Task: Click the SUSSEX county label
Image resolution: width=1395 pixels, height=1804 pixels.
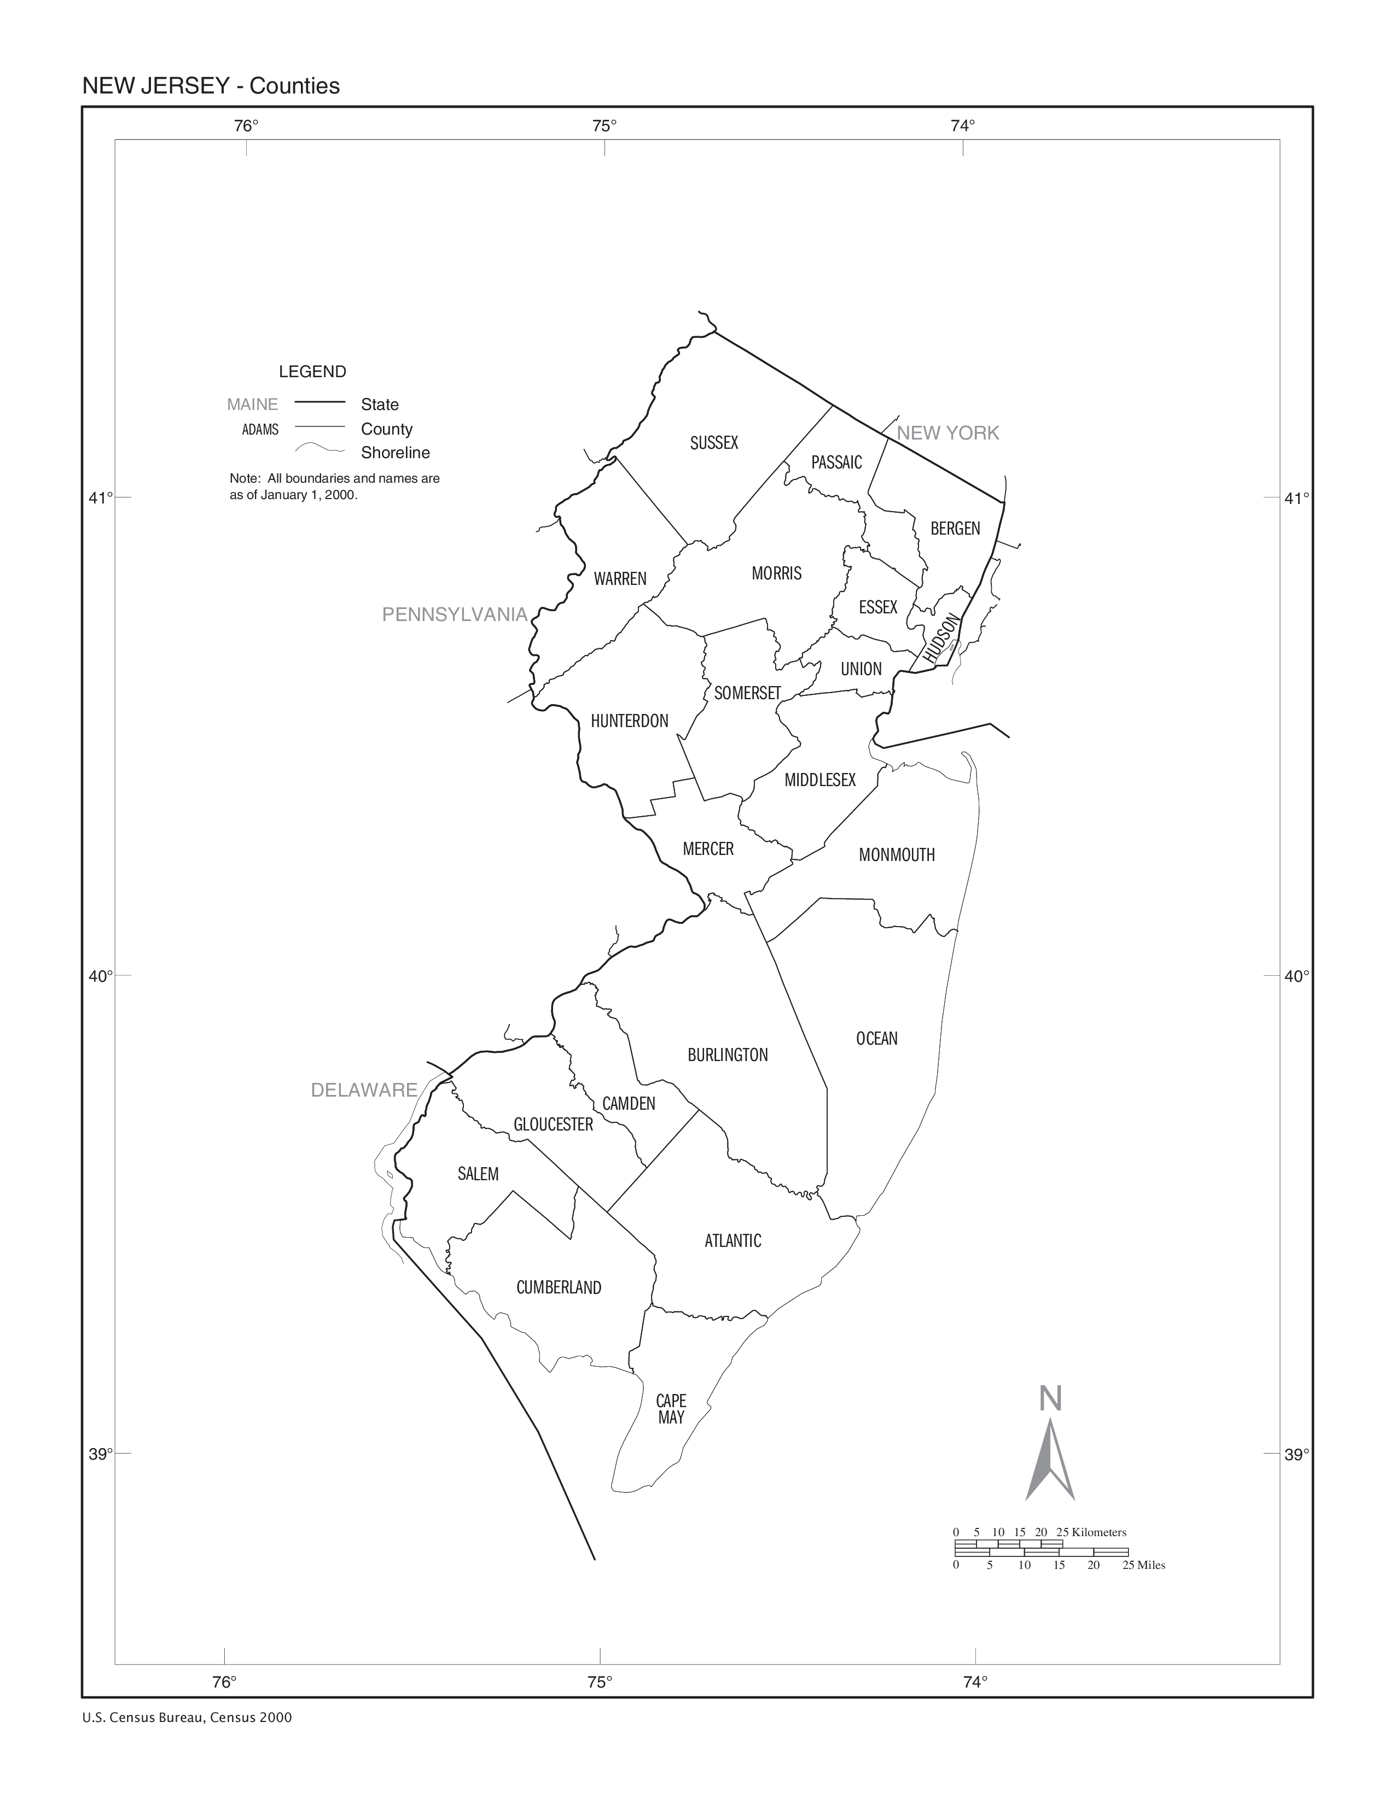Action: point(714,443)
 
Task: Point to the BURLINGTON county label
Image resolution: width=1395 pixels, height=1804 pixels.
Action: point(727,1055)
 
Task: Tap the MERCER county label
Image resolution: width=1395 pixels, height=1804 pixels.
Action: point(708,848)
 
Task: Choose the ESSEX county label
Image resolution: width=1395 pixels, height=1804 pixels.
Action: point(877,607)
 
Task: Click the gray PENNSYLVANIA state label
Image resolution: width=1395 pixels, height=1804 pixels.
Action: point(455,614)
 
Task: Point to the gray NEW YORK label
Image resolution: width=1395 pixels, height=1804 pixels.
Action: point(948,433)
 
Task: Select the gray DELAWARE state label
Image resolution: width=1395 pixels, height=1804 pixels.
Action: point(364,1091)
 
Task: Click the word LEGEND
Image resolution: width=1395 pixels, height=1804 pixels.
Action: point(312,372)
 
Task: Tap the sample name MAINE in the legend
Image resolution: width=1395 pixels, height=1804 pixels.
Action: point(253,405)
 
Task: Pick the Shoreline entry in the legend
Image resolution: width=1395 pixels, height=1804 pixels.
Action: point(395,453)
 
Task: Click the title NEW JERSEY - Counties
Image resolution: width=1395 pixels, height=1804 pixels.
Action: point(211,86)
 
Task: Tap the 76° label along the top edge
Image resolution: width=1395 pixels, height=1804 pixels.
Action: point(246,126)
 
